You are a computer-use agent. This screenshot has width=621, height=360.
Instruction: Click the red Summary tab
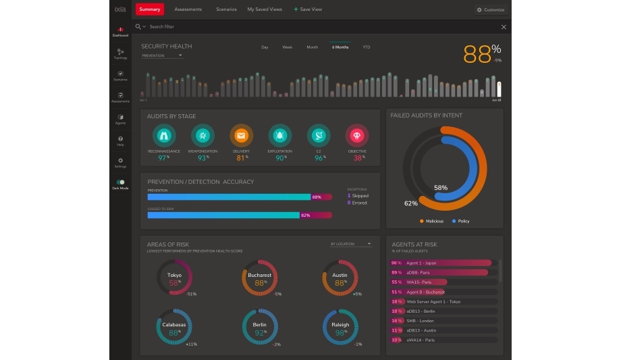149,9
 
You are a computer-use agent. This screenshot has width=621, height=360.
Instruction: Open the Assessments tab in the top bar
188,9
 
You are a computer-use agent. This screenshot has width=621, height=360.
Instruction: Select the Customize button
491,9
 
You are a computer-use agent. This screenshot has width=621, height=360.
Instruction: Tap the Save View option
308,9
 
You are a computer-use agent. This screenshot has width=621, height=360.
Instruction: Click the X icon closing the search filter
504,27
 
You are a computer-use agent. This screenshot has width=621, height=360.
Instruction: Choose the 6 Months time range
340,47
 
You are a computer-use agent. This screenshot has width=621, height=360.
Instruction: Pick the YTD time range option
366,47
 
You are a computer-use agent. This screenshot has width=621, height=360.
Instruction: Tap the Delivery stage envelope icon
241,135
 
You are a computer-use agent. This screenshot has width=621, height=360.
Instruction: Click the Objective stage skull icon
356,135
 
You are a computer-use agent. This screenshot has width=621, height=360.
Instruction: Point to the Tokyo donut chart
174,278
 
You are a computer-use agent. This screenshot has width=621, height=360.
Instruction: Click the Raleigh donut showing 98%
340,328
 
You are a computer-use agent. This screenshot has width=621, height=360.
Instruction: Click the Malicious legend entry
431,221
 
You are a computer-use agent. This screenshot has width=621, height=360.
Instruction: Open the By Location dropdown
351,244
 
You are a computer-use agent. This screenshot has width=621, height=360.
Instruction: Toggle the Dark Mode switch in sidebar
120,182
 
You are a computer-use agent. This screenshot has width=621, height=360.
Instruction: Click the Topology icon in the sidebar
120,53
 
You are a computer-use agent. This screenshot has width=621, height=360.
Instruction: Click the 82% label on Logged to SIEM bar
305,215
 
